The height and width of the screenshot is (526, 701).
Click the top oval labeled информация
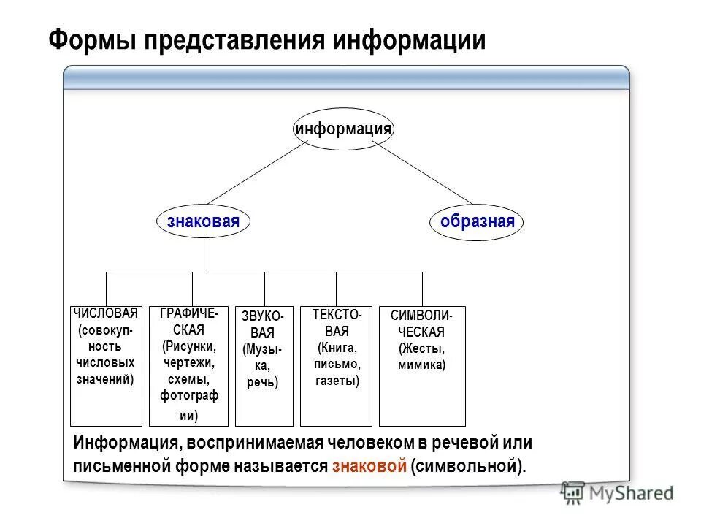pyautogui.click(x=343, y=129)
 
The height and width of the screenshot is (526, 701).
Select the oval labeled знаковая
pyautogui.click(x=203, y=221)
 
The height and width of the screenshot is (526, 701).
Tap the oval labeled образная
pyautogui.click(x=477, y=221)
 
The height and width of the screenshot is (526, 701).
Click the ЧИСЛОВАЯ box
pyautogui.click(x=106, y=365)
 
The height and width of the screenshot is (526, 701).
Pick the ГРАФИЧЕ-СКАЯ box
pyautogui.click(x=188, y=365)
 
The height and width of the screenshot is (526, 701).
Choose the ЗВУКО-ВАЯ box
pyautogui.click(x=264, y=365)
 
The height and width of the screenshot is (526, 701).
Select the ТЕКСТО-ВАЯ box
pyautogui.click(x=337, y=365)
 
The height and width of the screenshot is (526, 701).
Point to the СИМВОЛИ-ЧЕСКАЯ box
pyautogui.click(x=422, y=365)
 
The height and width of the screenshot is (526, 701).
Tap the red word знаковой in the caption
pyautogui.click(x=369, y=466)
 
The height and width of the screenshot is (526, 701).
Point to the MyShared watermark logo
pyautogui.click(x=617, y=493)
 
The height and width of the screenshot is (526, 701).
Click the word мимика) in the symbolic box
pyautogui.click(x=421, y=364)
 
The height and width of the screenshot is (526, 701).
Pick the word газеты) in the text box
pyautogui.click(x=337, y=380)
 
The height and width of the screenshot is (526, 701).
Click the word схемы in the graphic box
pyautogui.click(x=188, y=379)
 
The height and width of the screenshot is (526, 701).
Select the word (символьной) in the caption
pyautogui.click(x=467, y=466)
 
